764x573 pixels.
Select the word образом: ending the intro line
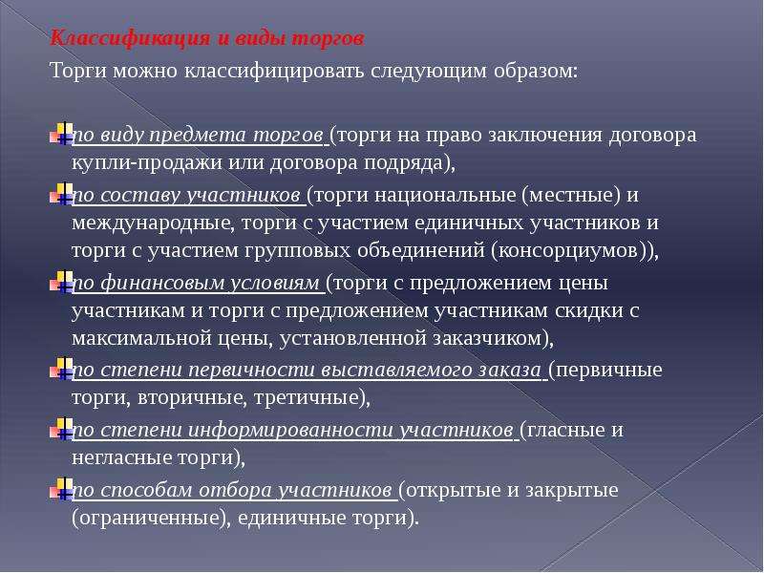click(x=536, y=71)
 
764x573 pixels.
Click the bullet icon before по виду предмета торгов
click(x=61, y=134)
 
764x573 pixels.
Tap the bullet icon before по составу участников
click(x=61, y=194)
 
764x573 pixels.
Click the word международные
click(x=154, y=223)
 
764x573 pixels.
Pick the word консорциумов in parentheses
click(x=568, y=250)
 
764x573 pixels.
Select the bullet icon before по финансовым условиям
click(x=61, y=282)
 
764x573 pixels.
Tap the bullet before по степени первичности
click(x=61, y=369)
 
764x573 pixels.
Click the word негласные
click(x=121, y=457)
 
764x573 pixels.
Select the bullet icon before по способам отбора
click(x=61, y=489)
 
